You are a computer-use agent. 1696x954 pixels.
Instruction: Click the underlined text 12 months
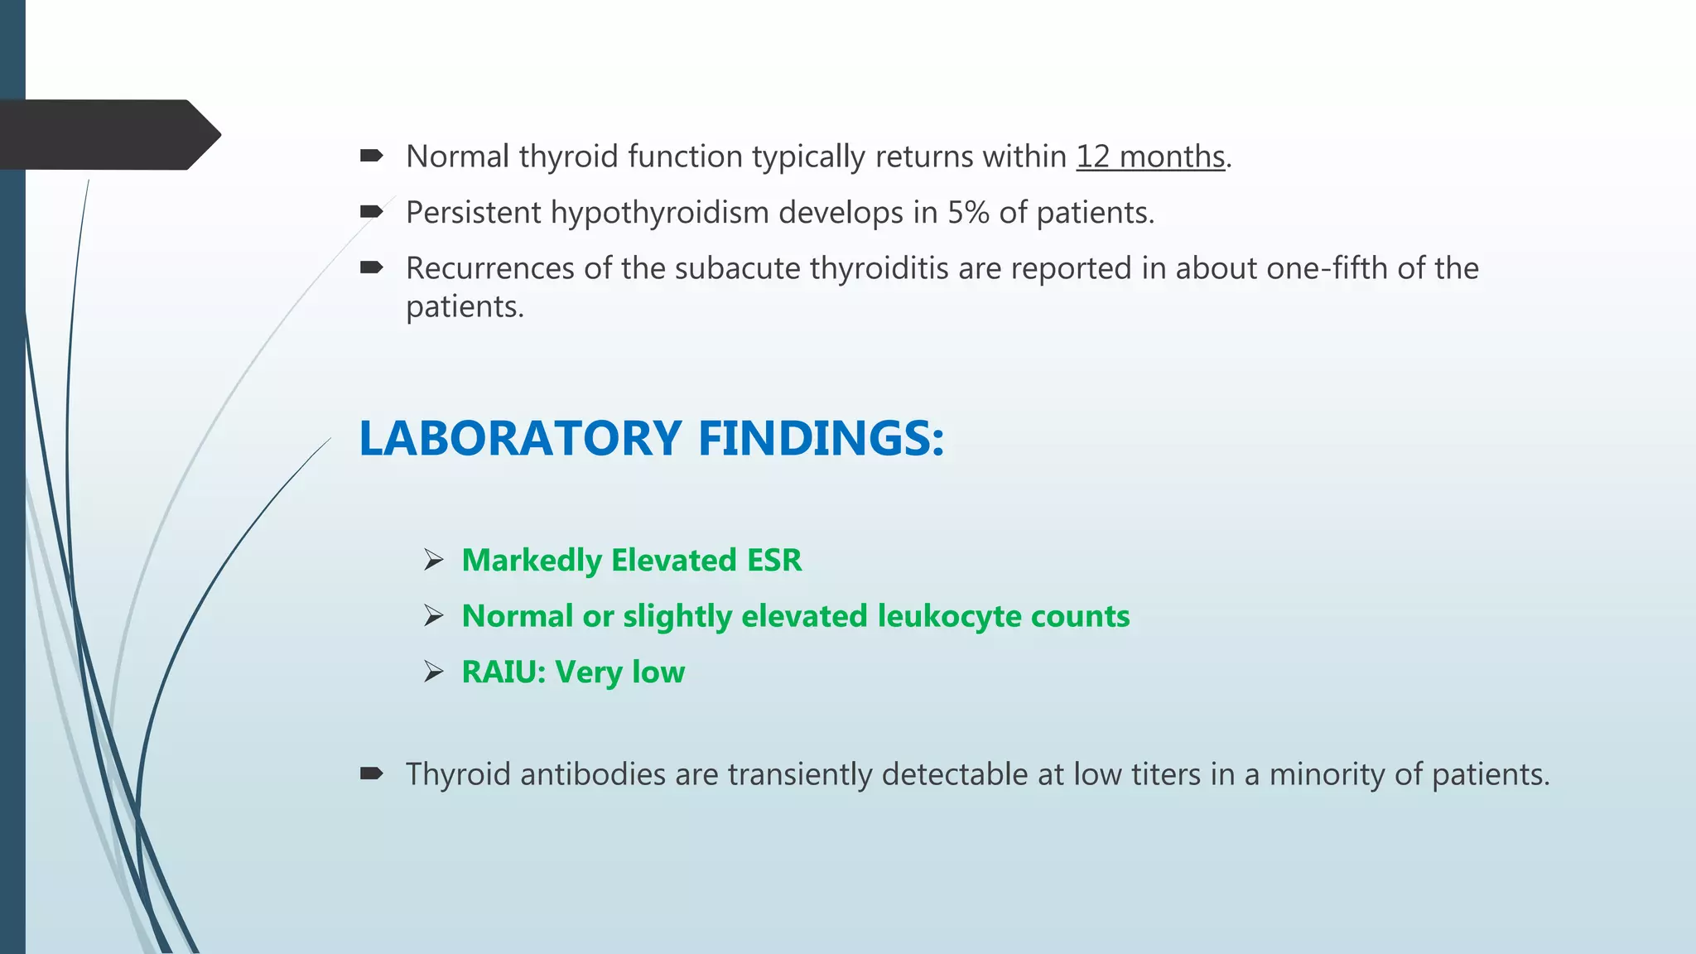pos(1150,157)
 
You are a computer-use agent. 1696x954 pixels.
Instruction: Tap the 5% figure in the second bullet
pos(968,213)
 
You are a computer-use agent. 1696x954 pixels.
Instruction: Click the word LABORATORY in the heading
pos(520,438)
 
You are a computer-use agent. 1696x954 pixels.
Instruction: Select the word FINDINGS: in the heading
pos(821,438)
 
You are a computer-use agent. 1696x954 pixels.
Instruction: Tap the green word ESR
pos(774,561)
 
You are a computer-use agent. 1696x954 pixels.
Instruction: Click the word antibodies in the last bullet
pos(593,775)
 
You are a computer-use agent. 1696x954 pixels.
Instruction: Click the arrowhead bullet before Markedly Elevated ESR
pos(434,561)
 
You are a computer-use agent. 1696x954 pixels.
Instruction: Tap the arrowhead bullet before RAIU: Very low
pos(434,672)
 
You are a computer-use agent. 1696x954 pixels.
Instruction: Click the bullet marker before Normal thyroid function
pos(371,156)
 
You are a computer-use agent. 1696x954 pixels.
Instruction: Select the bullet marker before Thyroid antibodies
pos(371,774)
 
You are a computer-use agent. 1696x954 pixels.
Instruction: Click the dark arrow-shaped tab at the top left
pos(108,135)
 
